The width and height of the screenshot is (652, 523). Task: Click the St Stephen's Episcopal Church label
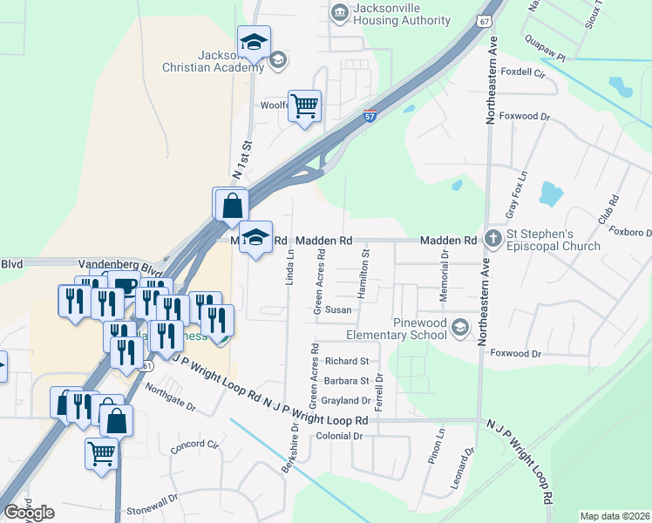click(x=554, y=240)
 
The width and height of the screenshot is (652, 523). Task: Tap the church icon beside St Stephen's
click(x=493, y=237)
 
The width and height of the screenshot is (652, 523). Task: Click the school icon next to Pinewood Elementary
click(x=460, y=328)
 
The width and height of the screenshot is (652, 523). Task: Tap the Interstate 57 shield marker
click(x=370, y=115)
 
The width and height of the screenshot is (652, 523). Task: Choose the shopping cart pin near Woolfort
click(x=304, y=106)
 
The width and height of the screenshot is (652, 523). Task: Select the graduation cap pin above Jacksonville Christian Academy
click(x=254, y=42)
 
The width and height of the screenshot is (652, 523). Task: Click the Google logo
click(x=29, y=513)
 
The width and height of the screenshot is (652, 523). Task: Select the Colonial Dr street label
click(x=339, y=436)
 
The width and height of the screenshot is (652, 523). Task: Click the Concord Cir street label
click(x=194, y=445)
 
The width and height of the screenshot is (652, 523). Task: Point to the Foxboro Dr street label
click(x=632, y=233)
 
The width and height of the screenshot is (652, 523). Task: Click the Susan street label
click(x=338, y=309)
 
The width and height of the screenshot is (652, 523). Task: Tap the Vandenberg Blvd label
click(x=109, y=262)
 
